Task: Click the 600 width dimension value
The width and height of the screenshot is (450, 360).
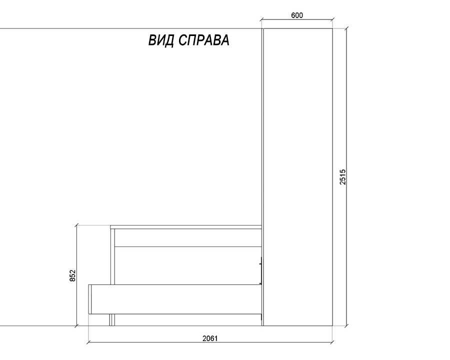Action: click(x=296, y=15)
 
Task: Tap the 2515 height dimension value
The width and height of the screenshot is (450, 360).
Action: click(x=342, y=177)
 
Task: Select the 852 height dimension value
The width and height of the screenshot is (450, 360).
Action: click(x=72, y=275)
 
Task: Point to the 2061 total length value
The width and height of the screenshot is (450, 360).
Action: click(x=210, y=338)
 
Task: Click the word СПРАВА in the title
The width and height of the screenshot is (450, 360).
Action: click(x=204, y=40)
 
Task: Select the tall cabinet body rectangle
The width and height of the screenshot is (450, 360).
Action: click(x=298, y=177)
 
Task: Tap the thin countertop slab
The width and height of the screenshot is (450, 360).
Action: click(x=186, y=227)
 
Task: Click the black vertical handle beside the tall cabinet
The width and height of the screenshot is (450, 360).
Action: click(x=261, y=270)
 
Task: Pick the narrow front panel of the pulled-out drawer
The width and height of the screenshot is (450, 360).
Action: click(x=90, y=299)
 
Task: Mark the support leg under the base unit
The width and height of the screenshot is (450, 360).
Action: click(x=112, y=320)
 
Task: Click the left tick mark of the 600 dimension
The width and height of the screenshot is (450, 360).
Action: click(x=261, y=20)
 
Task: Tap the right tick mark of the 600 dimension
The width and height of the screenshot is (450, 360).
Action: click(x=332, y=20)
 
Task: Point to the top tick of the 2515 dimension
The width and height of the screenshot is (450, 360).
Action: click(x=346, y=28)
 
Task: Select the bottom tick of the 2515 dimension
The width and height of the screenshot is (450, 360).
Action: click(x=346, y=326)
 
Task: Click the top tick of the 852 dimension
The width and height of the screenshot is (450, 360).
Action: click(x=76, y=225)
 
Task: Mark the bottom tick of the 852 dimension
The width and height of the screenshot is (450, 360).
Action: click(x=76, y=326)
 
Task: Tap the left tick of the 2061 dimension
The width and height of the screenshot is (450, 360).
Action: click(x=88, y=342)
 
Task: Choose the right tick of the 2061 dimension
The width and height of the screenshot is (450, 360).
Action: click(x=332, y=342)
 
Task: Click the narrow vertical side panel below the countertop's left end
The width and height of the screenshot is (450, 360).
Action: click(x=112, y=256)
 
